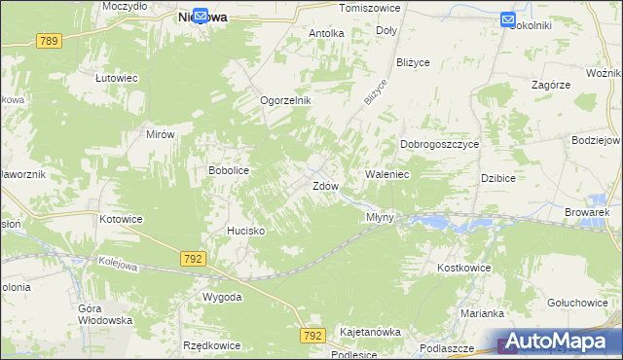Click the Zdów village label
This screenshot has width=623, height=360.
click(x=324, y=185)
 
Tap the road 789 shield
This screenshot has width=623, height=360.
click(x=50, y=41)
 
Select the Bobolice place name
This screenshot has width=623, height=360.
click(x=229, y=170)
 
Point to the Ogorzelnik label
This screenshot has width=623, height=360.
click(x=284, y=100)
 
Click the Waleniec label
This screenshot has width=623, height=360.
click(x=386, y=173)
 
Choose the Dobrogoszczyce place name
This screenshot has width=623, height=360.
click(x=440, y=144)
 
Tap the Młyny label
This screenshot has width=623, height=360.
click(x=380, y=217)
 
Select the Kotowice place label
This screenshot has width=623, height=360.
click(x=121, y=219)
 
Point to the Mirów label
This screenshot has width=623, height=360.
click(x=159, y=135)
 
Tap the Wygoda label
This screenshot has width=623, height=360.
click(x=222, y=296)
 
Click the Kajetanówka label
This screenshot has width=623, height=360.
click(x=370, y=332)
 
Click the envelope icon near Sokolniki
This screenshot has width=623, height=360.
click(x=509, y=18)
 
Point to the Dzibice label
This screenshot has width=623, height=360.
click(x=497, y=178)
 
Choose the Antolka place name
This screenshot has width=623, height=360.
click(x=326, y=33)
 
